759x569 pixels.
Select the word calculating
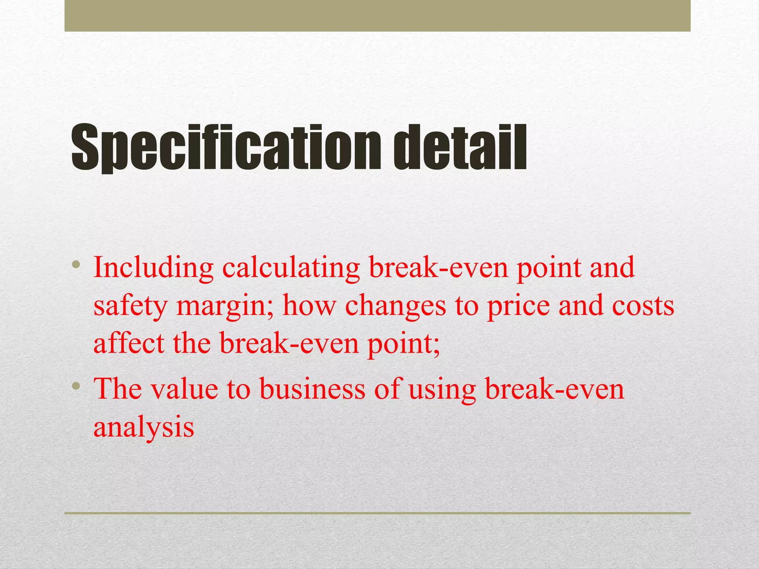coord(291,268)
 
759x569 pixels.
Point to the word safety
coord(130,307)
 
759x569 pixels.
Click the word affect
coord(129,343)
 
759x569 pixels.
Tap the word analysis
coord(144,427)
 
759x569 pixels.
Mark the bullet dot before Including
coord(76,264)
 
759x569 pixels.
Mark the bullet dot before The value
coord(76,386)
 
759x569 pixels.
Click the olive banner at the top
coord(377,16)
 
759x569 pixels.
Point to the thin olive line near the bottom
coord(377,513)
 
